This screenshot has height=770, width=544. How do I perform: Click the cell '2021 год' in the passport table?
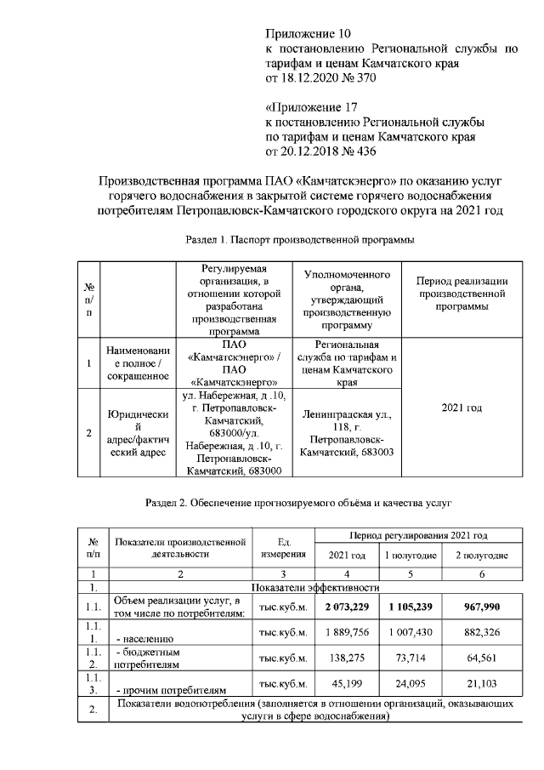pyautogui.click(x=462, y=408)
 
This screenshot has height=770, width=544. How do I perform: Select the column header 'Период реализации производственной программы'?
pyautogui.click(x=462, y=294)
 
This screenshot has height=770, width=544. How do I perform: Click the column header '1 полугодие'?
pyautogui.click(x=411, y=555)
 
